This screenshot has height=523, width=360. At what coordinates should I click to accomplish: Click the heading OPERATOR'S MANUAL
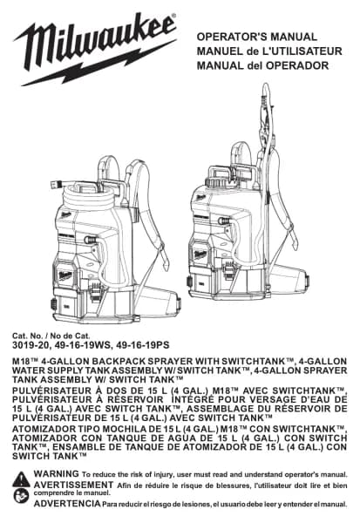pos(256,37)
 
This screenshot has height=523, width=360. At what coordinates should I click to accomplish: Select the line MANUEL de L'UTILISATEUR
pos(269,51)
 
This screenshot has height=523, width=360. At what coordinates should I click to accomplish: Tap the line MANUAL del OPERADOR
pos(262,65)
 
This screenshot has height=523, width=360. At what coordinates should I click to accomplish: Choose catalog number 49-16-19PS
pos(142,345)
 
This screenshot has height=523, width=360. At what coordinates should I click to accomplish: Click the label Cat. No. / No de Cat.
pos(51,336)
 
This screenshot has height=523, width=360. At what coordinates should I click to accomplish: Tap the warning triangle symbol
pos(21,479)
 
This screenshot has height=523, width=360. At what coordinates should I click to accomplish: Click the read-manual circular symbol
pos(21,496)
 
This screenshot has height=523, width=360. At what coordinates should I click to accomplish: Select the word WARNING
pos(57,473)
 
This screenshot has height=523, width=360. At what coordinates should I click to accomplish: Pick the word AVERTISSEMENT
pos(73,485)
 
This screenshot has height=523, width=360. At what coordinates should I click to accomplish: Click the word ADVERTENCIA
pos(67,503)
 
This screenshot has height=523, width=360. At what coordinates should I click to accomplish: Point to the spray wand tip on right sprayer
pos(266,87)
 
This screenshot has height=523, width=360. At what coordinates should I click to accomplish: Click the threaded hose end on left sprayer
pos(56,183)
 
